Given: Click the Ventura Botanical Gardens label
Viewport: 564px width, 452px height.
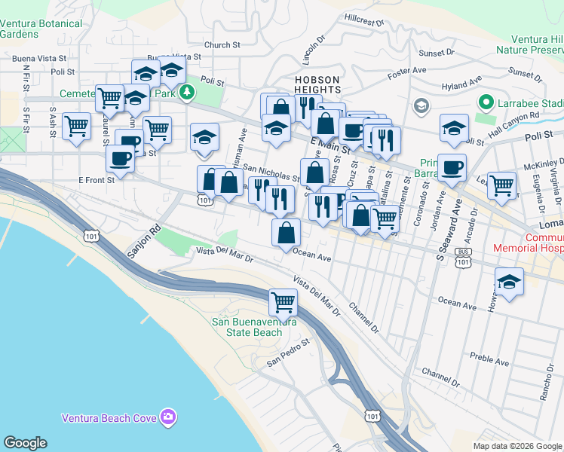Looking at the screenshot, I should tap(41, 29).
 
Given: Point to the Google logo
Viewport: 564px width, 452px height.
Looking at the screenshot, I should tap(25, 443).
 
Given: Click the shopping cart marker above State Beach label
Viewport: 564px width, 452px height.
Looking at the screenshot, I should tap(283, 303).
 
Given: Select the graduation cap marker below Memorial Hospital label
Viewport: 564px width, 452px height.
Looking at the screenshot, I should tap(510, 282).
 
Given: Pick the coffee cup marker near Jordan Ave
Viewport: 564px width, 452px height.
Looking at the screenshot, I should tap(452, 168).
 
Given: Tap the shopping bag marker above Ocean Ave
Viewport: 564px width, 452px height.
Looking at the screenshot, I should tap(286, 232).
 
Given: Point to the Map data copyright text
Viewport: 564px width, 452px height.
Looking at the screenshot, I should tap(517, 446).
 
